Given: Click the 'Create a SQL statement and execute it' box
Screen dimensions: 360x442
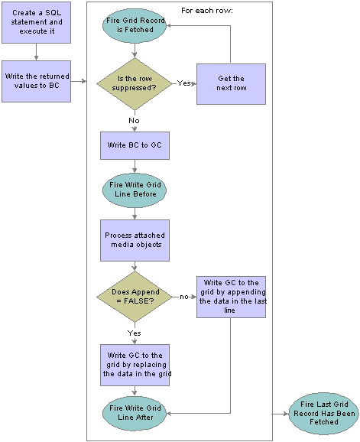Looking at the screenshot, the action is click(37, 22).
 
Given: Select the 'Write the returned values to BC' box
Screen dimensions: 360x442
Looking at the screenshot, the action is click(37, 81).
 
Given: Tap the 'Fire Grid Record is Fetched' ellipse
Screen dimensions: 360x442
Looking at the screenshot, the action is click(135, 25).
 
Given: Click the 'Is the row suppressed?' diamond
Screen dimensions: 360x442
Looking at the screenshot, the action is click(135, 83).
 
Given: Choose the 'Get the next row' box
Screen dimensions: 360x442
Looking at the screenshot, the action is click(231, 84).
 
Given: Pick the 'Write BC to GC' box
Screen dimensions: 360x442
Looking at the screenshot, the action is click(135, 145).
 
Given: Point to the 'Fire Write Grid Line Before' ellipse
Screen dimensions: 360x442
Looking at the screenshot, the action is click(135, 190).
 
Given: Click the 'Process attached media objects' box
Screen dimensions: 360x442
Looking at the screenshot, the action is click(135, 240).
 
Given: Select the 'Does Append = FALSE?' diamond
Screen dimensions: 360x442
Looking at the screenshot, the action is click(135, 297).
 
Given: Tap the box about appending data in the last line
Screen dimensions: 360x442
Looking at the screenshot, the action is click(231, 297).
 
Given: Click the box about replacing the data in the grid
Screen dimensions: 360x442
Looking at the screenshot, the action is click(135, 365).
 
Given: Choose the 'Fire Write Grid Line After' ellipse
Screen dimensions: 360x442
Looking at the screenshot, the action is click(135, 413).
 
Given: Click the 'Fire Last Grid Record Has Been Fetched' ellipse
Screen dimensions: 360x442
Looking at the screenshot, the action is click(324, 414).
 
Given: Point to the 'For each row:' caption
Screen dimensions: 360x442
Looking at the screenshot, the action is click(207, 11).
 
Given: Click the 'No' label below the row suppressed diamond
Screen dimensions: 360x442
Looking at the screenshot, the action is click(134, 121).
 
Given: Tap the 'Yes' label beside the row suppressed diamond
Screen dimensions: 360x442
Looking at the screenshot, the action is click(183, 83).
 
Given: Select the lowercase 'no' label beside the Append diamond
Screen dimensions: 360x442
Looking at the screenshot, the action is click(184, 297).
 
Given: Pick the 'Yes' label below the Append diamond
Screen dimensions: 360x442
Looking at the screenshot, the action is click(134, 333).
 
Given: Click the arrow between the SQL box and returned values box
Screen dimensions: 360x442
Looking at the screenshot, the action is click(36, 52).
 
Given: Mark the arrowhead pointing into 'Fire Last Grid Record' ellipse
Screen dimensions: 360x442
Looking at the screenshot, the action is click(286, 414).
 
